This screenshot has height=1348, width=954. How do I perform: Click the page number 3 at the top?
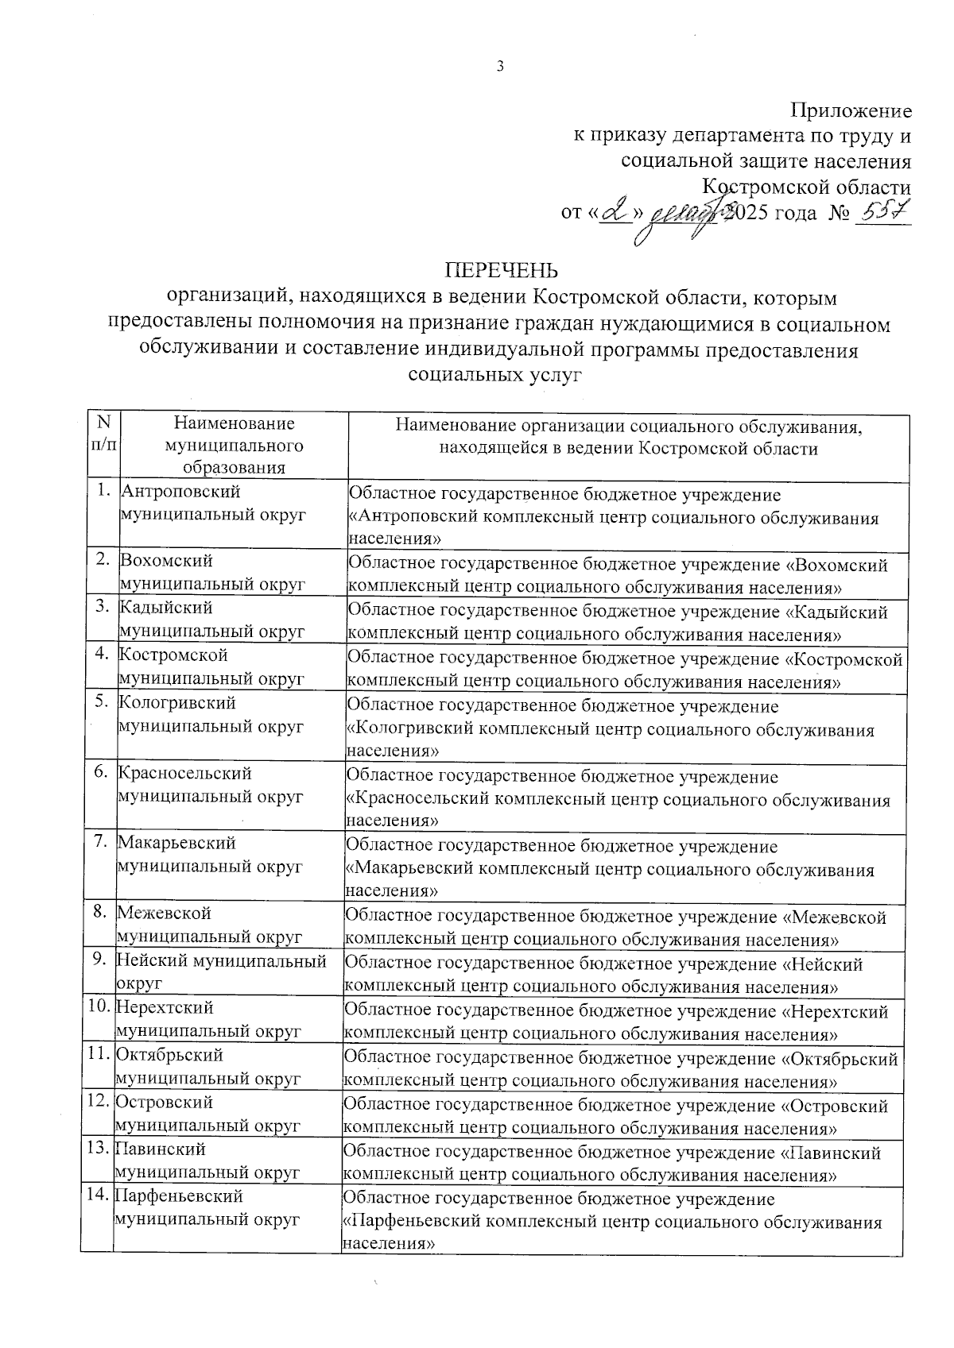click(x=500, y=67)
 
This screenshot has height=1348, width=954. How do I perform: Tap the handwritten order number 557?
click(x=885, y=212)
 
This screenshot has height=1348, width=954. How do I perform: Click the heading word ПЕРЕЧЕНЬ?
click(x=501, y=268)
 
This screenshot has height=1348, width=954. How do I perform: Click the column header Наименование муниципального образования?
click(x=234, y=446)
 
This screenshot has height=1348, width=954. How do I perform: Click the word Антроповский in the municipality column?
click(x=180, y=492)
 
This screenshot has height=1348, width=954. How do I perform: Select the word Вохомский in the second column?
click(x=165, y=561)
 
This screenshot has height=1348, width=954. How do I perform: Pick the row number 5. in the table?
click(x=102, y=702)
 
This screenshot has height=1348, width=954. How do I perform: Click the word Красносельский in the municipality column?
click(x=184, y=772)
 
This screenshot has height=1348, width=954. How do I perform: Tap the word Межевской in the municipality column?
click(x=164, y=913)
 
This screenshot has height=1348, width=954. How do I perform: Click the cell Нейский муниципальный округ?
click(x=222, y=971)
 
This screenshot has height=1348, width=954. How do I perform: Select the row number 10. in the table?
click(x=99, y=1007)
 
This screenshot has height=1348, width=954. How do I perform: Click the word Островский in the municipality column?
click(x=165, y=1102)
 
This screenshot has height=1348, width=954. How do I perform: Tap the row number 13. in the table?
click(x=99, y=1149)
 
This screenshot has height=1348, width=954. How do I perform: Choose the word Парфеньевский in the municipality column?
click(x=179, y=1196)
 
